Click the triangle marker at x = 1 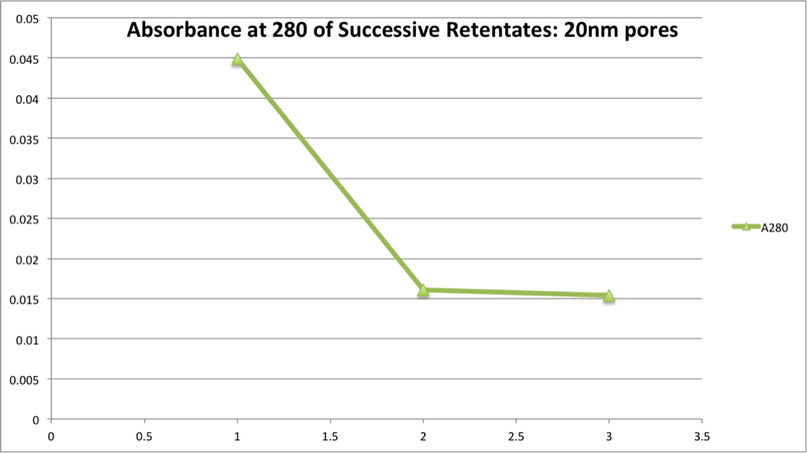click(237, 59)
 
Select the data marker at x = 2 click(423, 290)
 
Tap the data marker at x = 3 click(609, 296)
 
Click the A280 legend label click(774, 228)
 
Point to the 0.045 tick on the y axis click(30, 58)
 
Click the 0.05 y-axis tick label click(33, 18)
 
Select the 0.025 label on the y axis click(30, 218)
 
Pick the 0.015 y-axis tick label click(30, 299)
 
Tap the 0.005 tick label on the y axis click(30, 379)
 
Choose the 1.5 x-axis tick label click(330, 435)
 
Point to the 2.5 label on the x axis click(516, 435)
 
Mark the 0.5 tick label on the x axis click(144, 435)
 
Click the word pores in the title click(653, 32)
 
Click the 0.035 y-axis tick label click(30, 138)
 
